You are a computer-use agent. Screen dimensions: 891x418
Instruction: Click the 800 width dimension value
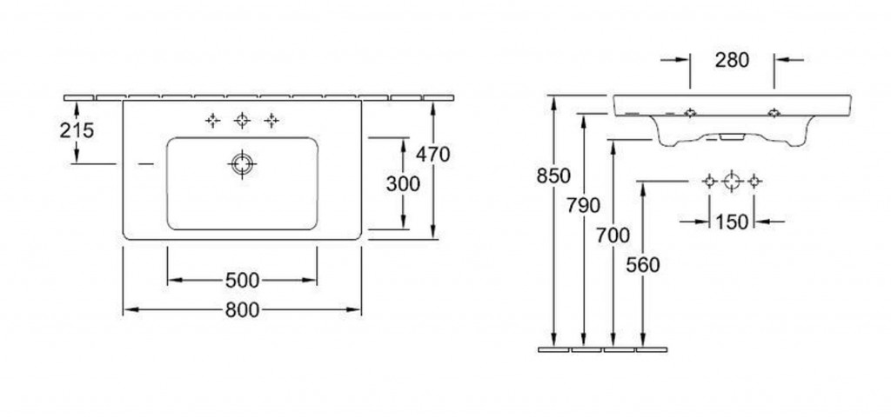click(x=242, y=309)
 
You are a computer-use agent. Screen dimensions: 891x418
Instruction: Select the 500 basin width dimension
click(x=242, y=280)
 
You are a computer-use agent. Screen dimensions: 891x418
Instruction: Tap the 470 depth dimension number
click(x=432, y=154)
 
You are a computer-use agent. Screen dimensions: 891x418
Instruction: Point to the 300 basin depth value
click(x=403, y=183)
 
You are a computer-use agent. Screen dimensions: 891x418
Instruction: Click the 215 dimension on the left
click(x=77, y=130)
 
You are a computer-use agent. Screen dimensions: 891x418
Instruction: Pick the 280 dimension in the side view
click(x=732, y=60)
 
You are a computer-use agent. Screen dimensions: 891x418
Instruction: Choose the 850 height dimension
click(x=553, y=176)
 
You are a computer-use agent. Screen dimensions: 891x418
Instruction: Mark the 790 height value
click(x=583, y=205)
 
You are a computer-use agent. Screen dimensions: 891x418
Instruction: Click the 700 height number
click(x=613, y=235)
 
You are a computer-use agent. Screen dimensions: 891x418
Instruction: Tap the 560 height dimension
click(x=643, y=264)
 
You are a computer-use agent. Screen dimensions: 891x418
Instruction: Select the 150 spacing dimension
click(x=731, y=222)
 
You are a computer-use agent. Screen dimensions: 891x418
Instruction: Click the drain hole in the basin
click(x=242, y=164)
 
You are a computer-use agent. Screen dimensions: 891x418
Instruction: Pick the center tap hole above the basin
click(x=242, y=120)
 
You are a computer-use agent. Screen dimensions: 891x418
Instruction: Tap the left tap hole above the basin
click(x=212, y=120)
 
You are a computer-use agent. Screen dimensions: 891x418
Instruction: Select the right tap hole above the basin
click(x=271, y=120)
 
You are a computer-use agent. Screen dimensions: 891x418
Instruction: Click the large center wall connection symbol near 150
click(x=732, y=182)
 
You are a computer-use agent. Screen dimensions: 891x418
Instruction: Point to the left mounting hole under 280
click(x=690, y=113)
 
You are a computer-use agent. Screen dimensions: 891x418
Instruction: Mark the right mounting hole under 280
click(x=774, y=113)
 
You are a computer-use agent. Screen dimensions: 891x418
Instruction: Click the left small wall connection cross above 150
click(x=709, y=182)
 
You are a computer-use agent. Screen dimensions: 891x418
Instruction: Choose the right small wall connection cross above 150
click(x=754, y=182)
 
